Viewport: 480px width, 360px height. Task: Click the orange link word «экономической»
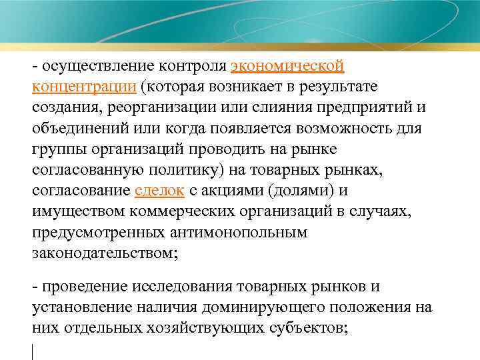tap(287, 67)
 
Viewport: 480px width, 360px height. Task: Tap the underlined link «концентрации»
tap(83, 87)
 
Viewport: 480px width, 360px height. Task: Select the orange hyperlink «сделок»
tap(159, 191)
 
